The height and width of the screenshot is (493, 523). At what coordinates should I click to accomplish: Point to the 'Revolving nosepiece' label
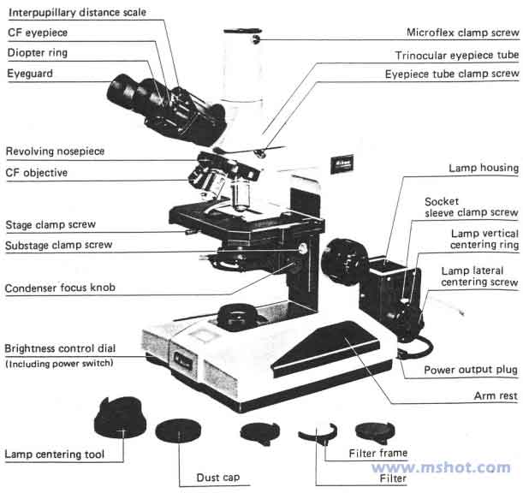point(55,151)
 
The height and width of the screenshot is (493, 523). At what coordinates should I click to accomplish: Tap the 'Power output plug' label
point(472,371)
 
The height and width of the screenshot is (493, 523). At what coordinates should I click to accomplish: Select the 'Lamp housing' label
point(483,169)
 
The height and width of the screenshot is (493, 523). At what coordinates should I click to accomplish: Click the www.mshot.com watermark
point(442,467)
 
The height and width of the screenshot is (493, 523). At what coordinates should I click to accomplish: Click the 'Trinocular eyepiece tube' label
point(456,55)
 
